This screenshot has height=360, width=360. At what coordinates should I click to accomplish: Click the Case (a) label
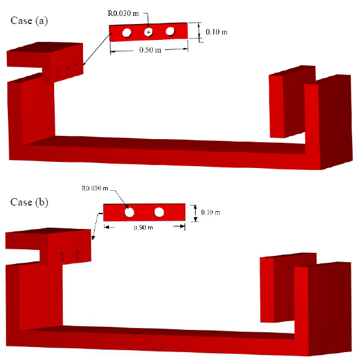pos(29,21)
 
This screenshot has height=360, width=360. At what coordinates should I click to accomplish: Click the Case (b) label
pos(29,202)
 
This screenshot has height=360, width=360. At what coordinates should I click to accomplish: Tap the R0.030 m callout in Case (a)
pos(123,14)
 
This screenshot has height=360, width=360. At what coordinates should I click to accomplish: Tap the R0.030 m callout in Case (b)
pos(95,188)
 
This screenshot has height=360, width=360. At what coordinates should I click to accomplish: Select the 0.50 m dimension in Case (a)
pos(150,50)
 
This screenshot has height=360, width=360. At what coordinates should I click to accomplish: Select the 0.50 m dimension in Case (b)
pos(143,228)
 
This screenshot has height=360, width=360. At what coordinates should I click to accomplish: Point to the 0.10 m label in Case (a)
pos(217,32)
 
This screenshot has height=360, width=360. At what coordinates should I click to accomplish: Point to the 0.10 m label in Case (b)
pos(210,212)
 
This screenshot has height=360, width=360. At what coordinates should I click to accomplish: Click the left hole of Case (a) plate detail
pos(127,33)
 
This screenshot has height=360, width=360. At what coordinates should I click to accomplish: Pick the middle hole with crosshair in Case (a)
pos(148,32)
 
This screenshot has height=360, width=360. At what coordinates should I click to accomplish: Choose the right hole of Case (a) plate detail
pos(170,31)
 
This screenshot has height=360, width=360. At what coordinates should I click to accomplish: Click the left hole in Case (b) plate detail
pos(129,212)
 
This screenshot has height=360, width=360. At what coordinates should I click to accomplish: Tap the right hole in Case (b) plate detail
pos(159,212)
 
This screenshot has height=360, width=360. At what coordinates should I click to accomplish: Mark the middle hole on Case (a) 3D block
pos(67,71)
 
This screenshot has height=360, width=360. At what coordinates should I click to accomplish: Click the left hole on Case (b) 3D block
pos(62,257)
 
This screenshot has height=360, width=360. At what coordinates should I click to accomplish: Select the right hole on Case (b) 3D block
pos(78,255)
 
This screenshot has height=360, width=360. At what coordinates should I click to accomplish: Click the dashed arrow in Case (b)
pos(97,226)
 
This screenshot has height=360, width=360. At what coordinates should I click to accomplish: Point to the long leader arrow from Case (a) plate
pos(97,49)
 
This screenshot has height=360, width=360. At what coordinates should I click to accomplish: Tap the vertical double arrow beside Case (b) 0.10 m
pos(195,214)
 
